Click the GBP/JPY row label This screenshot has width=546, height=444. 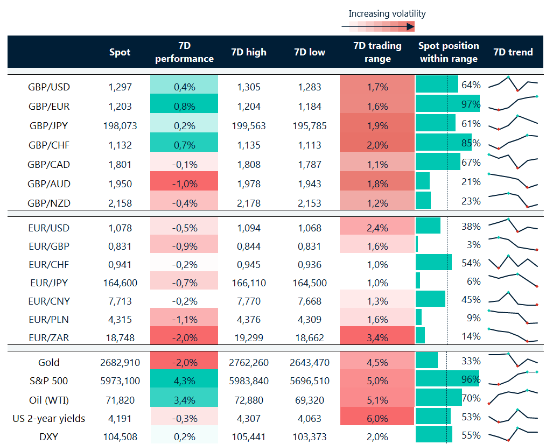click(x=49, y=125)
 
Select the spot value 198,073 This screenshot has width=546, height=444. click(x=120, y=125)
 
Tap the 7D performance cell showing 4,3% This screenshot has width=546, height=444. click(x=184, y=380)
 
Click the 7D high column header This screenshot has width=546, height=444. click(x=248, y=52)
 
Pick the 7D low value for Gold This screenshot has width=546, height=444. click(x=309, y=362)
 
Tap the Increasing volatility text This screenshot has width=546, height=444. click(x=387, y=14)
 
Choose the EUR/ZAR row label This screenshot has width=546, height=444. click(x=49, y=337)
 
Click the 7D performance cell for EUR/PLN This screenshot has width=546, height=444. click(x=184, y=319)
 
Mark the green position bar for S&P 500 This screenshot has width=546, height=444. click(x=447, y=380)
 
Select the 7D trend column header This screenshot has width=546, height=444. click(x=513, y=52)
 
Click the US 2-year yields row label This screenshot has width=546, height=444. click(x=49, y=418)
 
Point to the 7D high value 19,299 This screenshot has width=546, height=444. click(x=248, y=337)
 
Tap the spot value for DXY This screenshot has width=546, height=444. click(x=120, y=436)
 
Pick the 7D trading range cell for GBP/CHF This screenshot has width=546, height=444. click(x=377, y=145)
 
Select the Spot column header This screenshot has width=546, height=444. click(x=120, y=52)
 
